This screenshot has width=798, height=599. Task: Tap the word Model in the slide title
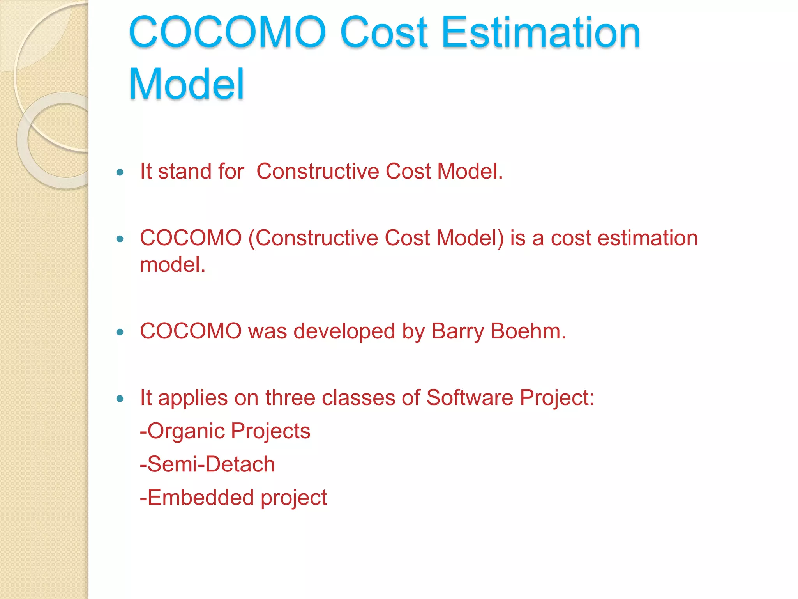pyautogui.click(x=186, y=84)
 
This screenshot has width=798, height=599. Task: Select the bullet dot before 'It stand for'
pyautogui.click(x=120, y=172)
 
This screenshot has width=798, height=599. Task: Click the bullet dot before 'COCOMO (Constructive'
pyautogui.click(x=120, y=239)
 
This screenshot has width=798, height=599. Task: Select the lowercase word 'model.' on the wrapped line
pyautogui.click(x=173, y=265)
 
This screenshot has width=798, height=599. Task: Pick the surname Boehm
pyautogui.click(x=528, y=331)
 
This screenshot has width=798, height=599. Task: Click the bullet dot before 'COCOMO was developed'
pyautogui.click(x=120, y=332)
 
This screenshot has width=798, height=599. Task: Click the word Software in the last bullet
pyautogui.click(x=470, y=398)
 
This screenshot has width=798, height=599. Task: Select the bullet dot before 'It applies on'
pyautogui.click(x=120, y=399)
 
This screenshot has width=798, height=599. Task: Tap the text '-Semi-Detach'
pyautogui.click(x=207, y=464)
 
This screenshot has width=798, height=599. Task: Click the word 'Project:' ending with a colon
pyautogui.click(x=557, y=398)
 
